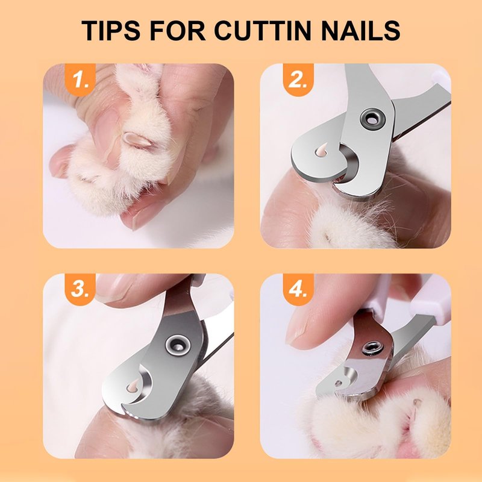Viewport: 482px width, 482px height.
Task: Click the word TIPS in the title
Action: tap(111, 31)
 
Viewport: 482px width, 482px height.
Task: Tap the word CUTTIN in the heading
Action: tap(263, 31)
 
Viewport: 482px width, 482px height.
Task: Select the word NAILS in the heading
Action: tap(360, 31)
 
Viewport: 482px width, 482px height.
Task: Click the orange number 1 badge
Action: tap(80, 80)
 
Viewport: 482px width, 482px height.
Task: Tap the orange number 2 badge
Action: tap(298, 80)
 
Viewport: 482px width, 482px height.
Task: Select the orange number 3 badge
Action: tap(80, 290)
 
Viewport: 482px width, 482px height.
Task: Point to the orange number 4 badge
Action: tap(298, 290)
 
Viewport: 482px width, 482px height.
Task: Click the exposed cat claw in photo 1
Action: tap(138, 140)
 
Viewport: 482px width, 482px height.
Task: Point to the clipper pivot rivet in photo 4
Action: tap(372, 349)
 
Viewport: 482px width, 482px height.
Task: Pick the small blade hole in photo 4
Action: tap(339, 383)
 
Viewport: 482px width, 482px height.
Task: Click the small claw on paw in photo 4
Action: tap(417, 401)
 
